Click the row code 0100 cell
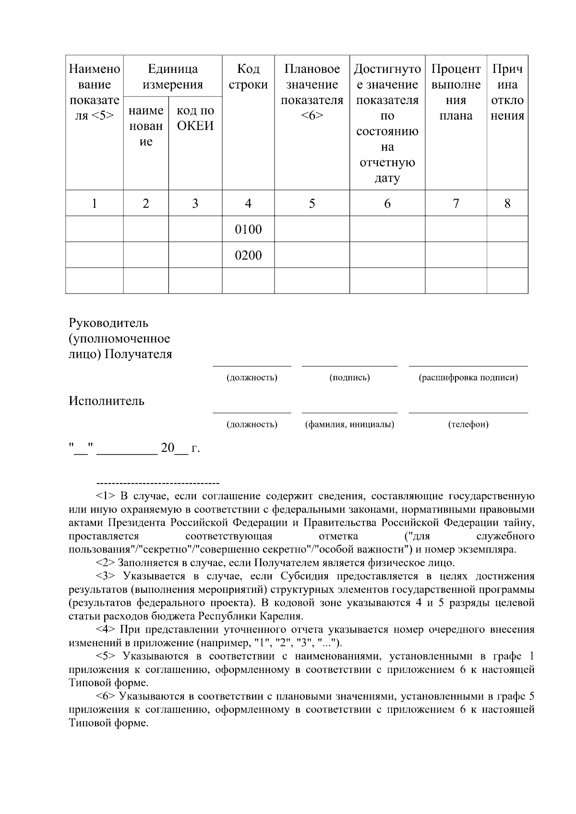[x=248, y=229]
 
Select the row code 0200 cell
[x=248, y=255]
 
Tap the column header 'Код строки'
[x=248, y=77]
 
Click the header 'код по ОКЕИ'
[x=195, y=118]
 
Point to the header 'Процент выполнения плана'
[x=456, y=92]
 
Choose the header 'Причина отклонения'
[x=507, y=92]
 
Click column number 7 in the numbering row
[x=456, y=203]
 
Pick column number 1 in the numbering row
[x=95, y=203]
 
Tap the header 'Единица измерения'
[x=173, y=77]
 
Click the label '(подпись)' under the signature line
[x=349, y=378]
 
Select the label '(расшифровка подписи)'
[x=468, y=378]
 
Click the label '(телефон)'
[x=468, y=425]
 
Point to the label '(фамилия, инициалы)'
[x=349, y=425]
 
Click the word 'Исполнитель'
[x=106, y=401]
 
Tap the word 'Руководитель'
[x=108, y=323]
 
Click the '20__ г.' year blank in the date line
[x=180, y=448]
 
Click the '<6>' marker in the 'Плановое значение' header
[x=312, y=116]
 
